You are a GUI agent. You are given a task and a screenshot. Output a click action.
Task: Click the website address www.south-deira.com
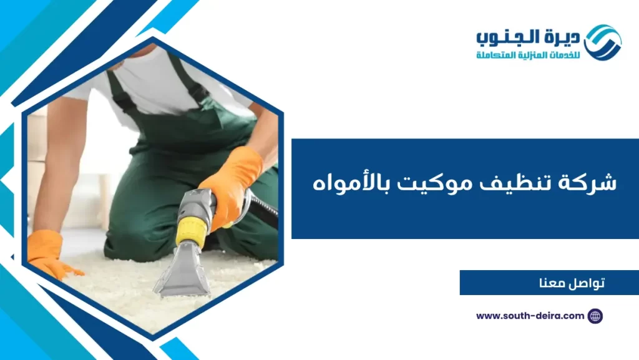pos(530,316)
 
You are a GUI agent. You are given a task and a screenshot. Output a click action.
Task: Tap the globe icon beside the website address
pos(595,316)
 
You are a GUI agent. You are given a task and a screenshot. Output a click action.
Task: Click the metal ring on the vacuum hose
pos(245,206)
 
